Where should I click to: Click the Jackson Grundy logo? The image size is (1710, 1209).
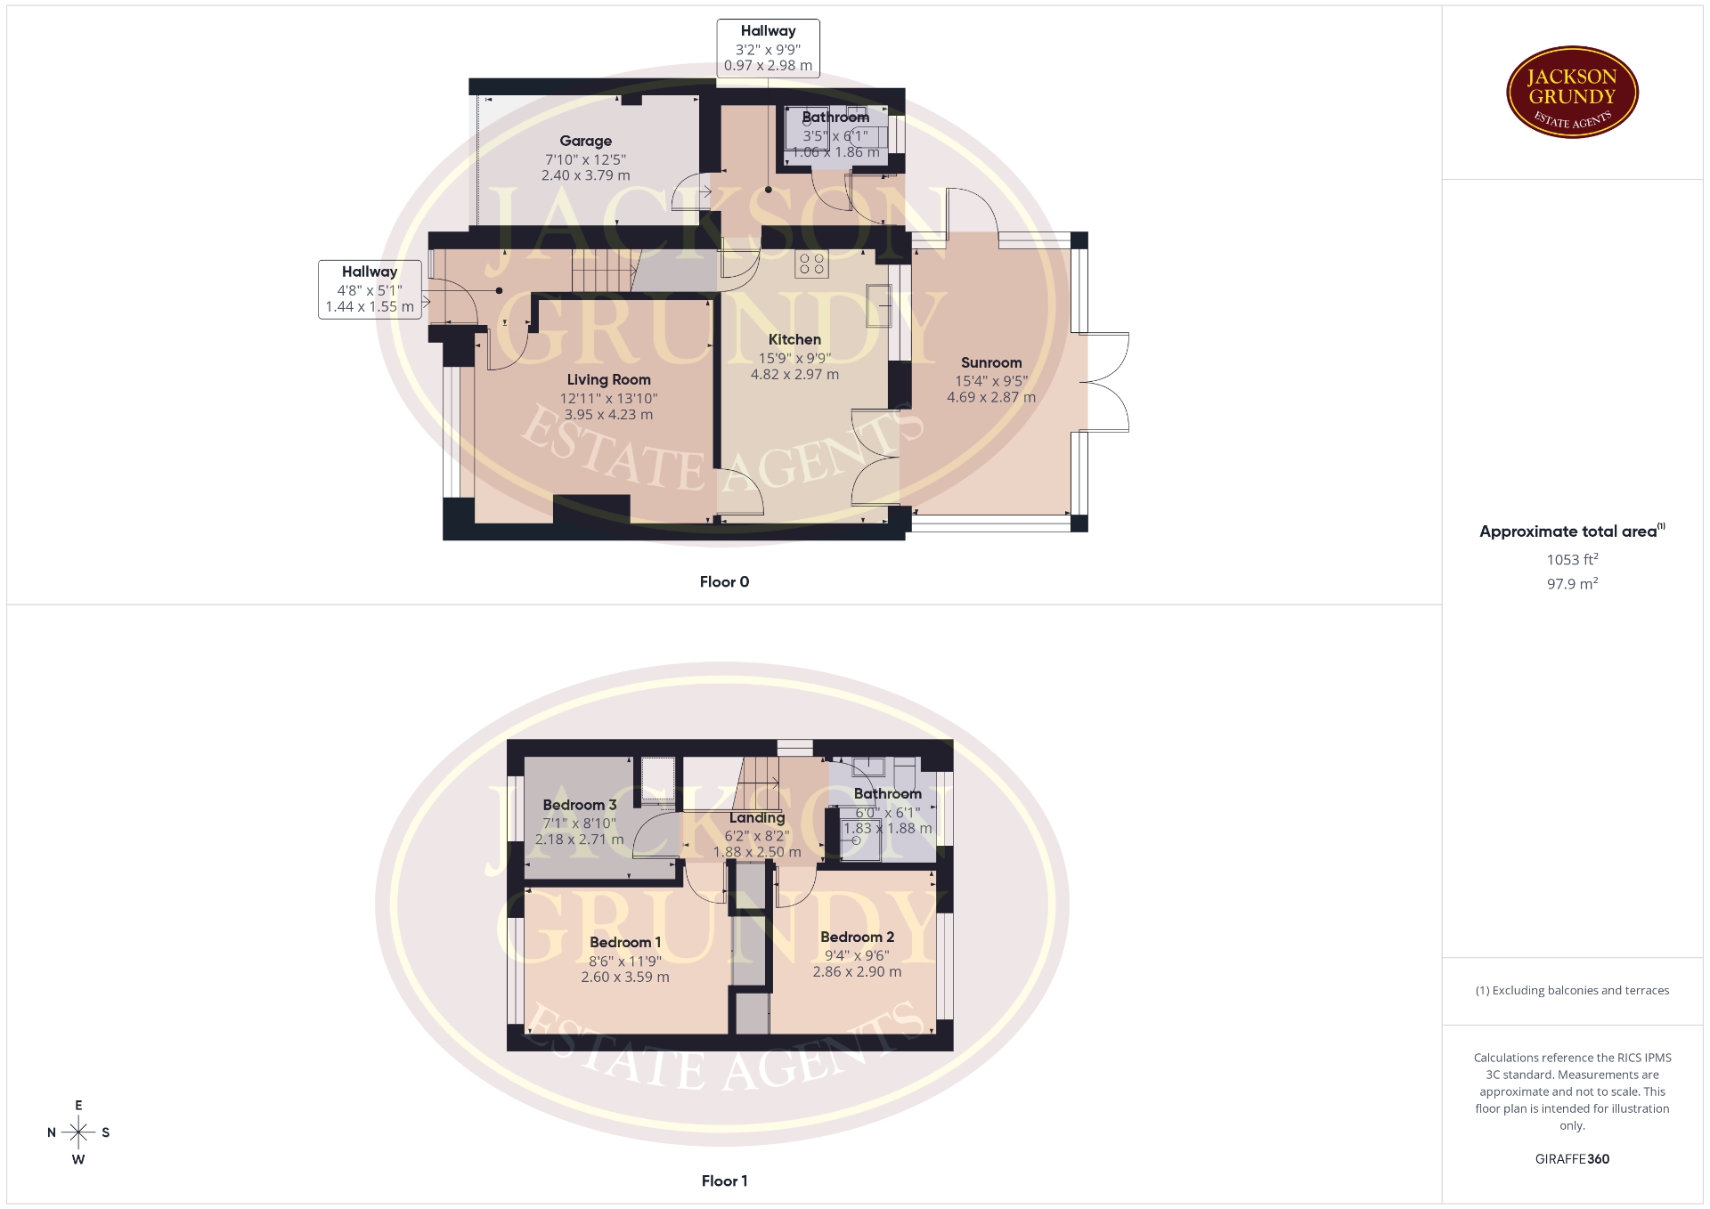(1572, 93)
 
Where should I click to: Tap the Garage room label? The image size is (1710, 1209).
(585, 141)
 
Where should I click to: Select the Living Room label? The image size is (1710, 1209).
(608, 379)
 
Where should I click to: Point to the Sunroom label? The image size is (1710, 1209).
(991, 362)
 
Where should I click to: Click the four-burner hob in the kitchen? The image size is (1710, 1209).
(811, 264)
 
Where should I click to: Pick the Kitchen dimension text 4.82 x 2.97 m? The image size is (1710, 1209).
(794, 374)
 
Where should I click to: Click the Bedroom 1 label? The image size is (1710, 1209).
(625, 942)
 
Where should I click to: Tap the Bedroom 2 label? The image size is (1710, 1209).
(857, 937)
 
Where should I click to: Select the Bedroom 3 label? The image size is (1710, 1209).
(579, 805)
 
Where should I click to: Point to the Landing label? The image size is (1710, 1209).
(757, 817)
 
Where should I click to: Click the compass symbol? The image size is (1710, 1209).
(78, 1132)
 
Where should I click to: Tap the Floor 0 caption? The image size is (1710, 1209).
(724, 581)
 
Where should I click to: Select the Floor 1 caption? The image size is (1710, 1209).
(724, 1181)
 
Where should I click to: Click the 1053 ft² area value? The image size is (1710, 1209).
(1572, 559)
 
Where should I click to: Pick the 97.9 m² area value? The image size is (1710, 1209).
(1572, 584)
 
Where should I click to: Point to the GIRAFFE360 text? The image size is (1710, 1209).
(1572, 1159)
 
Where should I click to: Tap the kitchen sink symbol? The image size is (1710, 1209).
(878, 305)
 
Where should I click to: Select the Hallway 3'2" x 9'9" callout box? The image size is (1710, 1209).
(768, 48)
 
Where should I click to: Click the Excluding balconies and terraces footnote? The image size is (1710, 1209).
(1572, 990)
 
